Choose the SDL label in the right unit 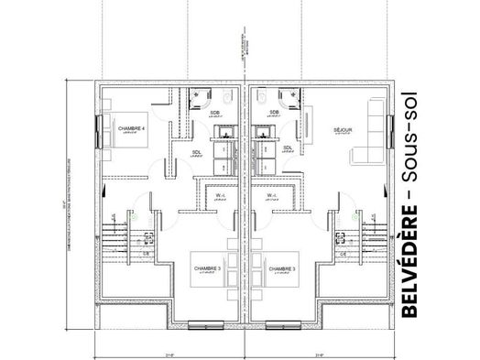pyautogui.click(x=287, y=148)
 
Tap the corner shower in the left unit pyautogui.click(x=199, y=98)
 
